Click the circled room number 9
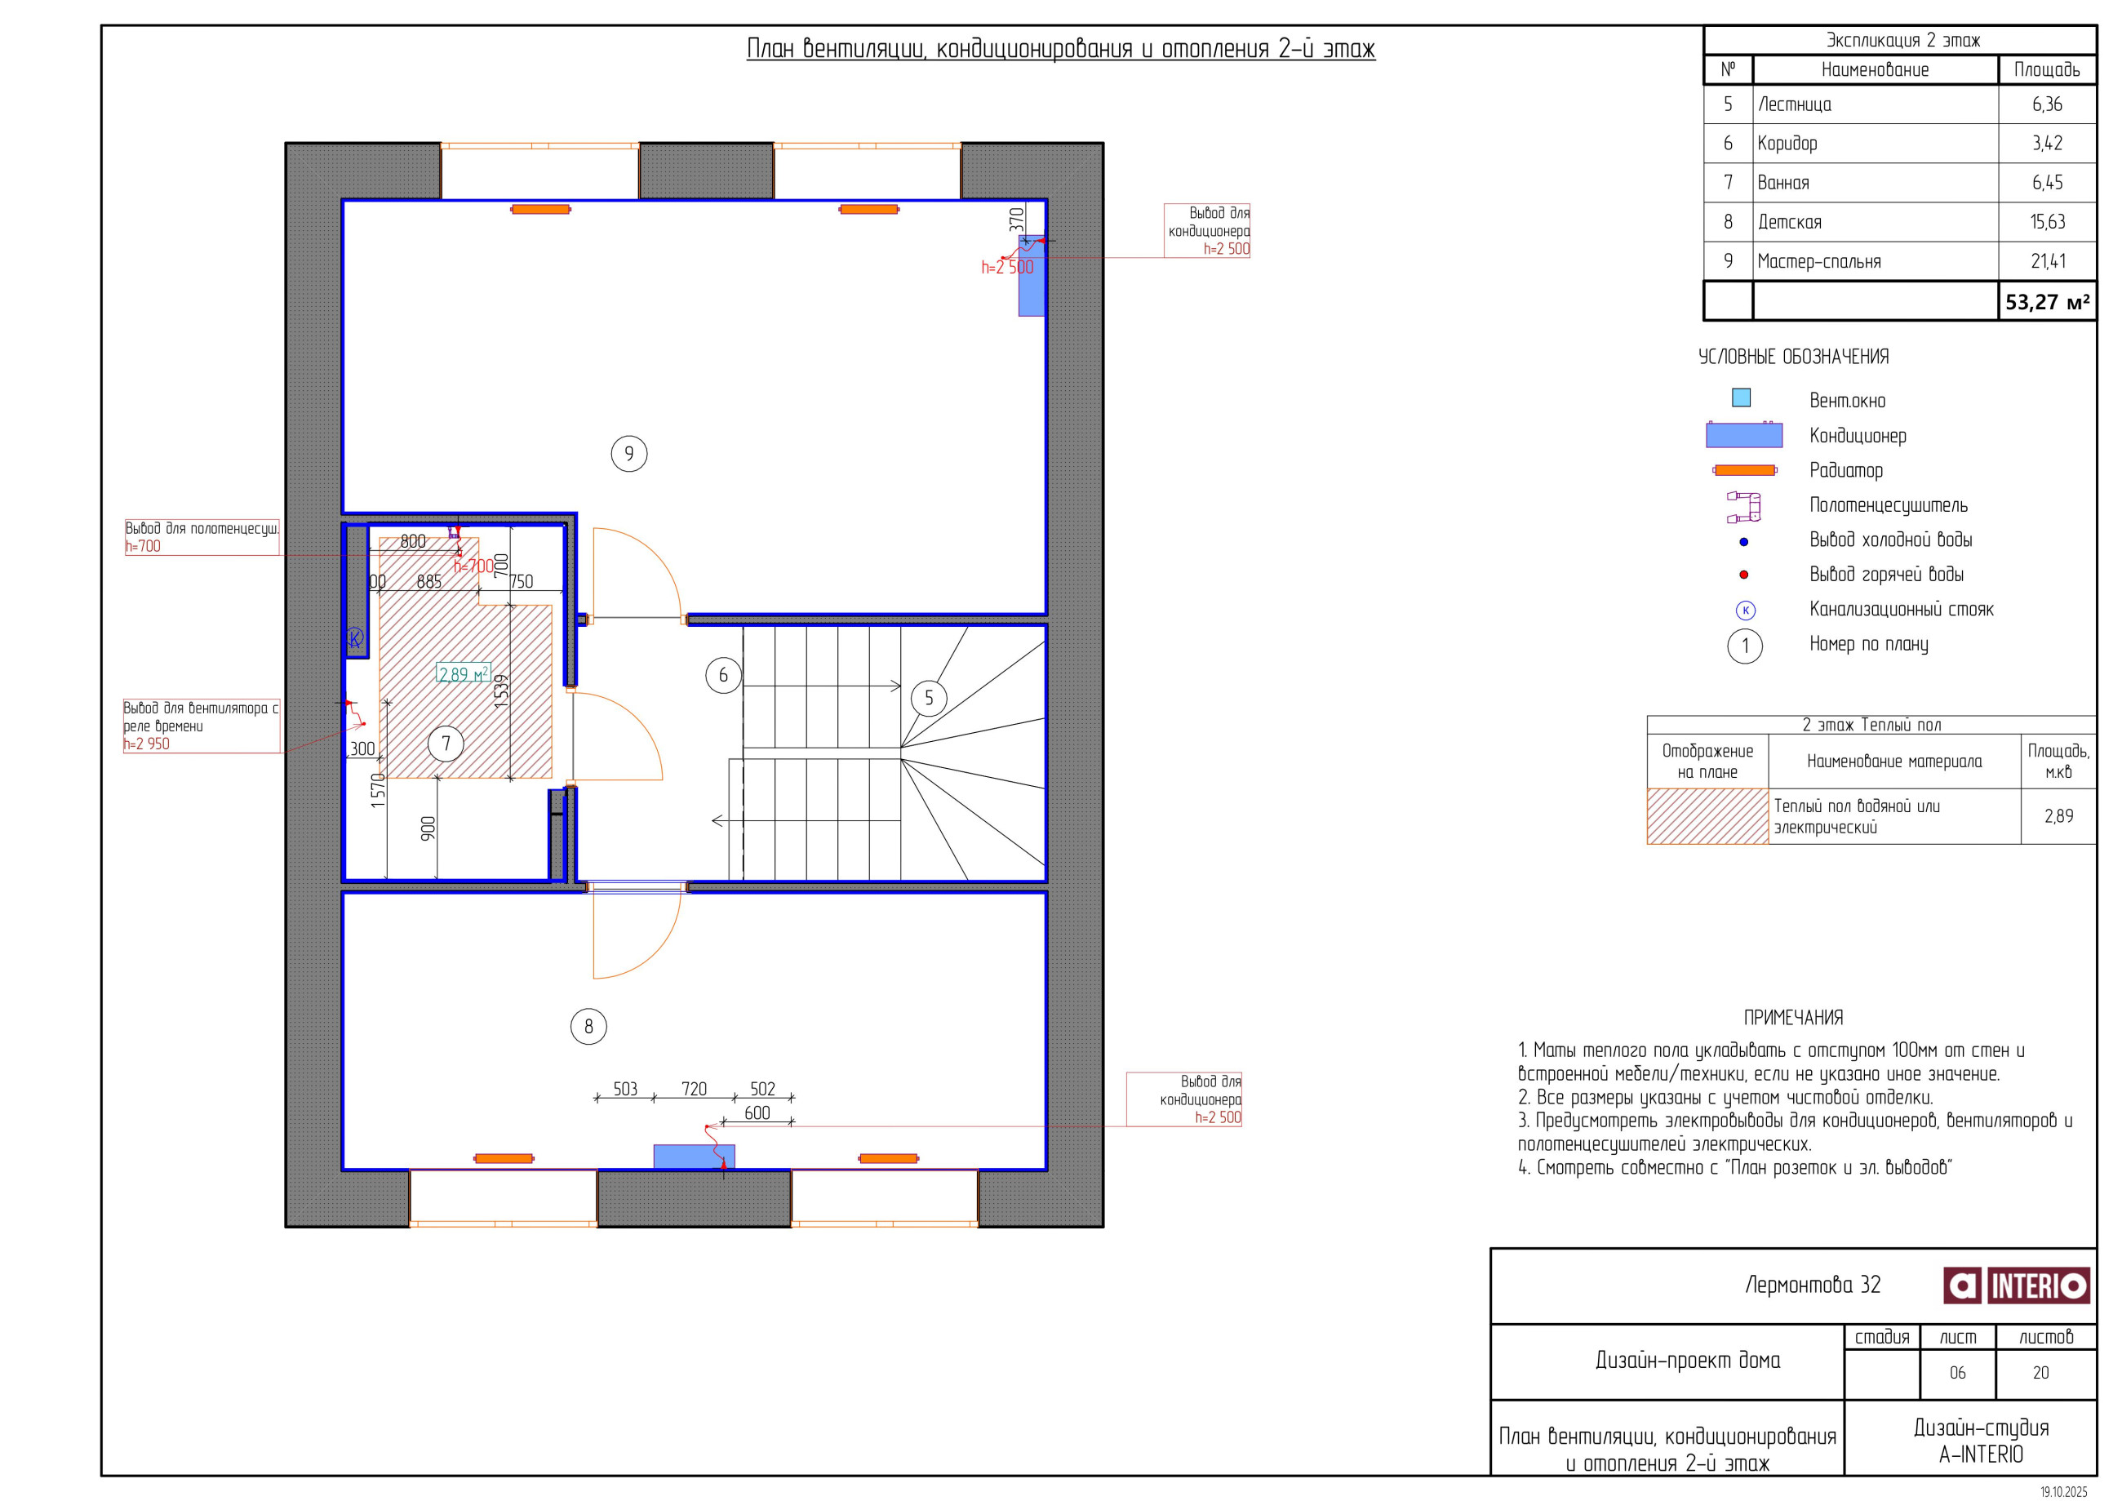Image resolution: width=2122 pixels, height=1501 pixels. click(628, 454)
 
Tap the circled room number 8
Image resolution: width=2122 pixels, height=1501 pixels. click(588, 1026)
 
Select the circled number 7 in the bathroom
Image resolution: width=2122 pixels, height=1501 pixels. click(446, 743)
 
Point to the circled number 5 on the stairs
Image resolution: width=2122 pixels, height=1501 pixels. click(929, 698)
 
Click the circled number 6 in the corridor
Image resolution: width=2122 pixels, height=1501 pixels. click(723, 676)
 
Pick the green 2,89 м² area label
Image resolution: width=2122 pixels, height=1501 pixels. click(463, 674)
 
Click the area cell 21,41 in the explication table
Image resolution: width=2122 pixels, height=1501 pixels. click(2047, 261)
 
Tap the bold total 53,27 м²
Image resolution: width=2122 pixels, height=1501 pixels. click(2047, 302)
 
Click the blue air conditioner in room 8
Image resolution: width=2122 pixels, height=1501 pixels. click(694, 1157)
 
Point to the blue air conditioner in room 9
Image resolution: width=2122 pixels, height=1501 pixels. click(1032, 275)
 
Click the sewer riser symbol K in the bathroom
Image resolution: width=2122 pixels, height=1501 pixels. click(355, 637)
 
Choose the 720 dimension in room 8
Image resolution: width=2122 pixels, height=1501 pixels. click(694, 1089)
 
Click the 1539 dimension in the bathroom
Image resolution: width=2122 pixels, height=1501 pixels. click(501, 691)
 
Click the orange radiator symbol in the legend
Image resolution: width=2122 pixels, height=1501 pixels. click(1744, 470)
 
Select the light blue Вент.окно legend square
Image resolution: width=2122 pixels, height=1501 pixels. click(1741, 397)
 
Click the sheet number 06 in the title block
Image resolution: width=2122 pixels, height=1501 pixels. click(1957, 1374)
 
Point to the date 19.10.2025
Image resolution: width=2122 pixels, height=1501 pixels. click(2064, 1492)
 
